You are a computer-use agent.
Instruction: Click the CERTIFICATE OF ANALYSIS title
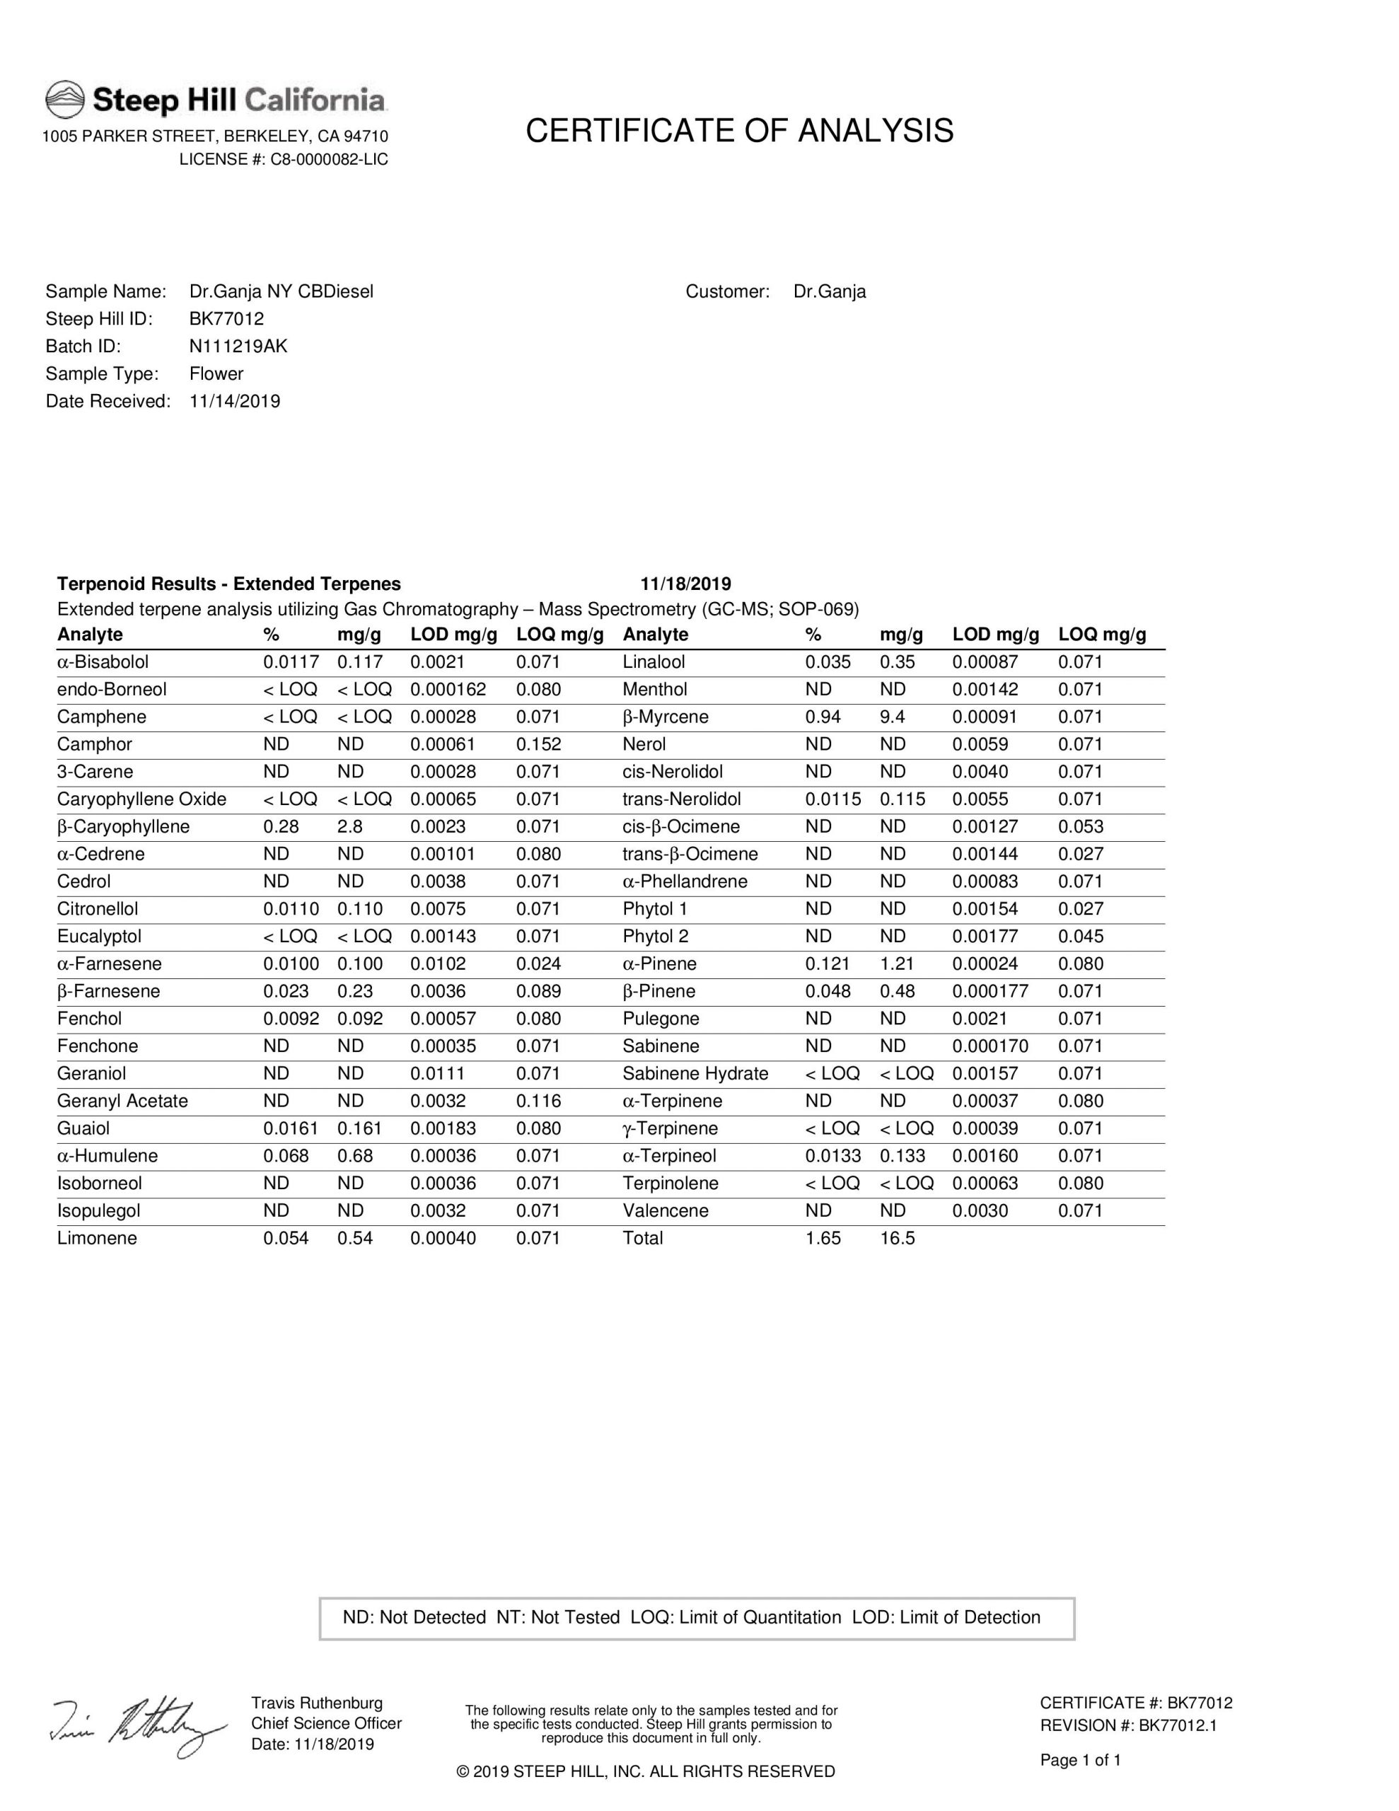[x=739, y=131]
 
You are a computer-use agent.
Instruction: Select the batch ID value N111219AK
[x=238, y=347]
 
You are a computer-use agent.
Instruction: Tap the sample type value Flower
[x=216, y=374]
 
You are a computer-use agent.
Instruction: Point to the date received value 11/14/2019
[x=235, y=401]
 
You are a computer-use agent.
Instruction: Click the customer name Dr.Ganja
[x=829, y=292]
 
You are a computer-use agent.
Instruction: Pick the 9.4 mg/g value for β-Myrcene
[x=893, y=717]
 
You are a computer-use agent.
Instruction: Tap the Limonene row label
[x=97, y=1238]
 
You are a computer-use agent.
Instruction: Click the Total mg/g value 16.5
[x=898, y=1238]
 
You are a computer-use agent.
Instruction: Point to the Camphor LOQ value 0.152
[x=538, y=745]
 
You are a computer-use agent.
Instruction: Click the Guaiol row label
[x=83, y=1128]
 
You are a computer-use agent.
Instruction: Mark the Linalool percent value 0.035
[x=828, y=663]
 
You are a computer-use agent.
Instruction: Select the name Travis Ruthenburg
[x=317, y=1703]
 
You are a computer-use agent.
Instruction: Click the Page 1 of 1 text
[x=1081, y=1759]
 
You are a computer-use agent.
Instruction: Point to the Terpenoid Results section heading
[x=229, y=584]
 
